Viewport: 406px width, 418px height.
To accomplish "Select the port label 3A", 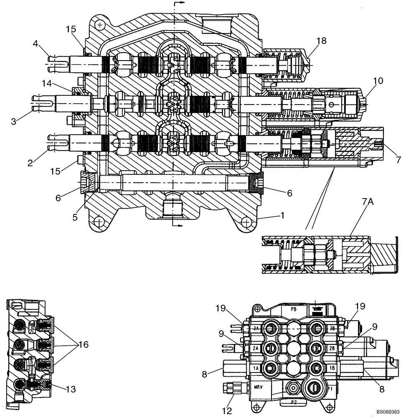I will [256, 329].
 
